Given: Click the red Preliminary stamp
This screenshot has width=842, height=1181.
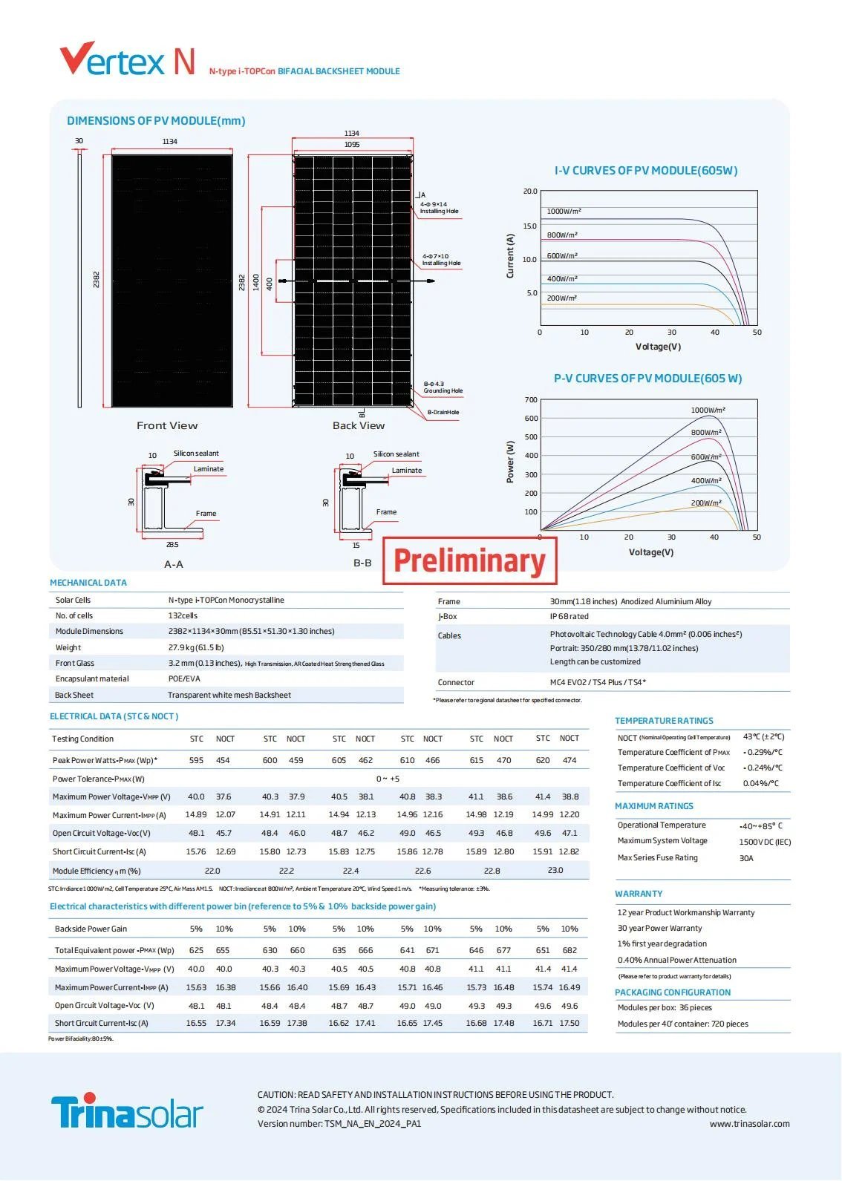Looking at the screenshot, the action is click(x=469, y=560).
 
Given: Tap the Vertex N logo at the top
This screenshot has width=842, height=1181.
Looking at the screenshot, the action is click(x=127, y=59).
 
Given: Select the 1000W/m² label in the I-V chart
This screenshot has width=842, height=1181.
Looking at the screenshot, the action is click(x=564, y=211).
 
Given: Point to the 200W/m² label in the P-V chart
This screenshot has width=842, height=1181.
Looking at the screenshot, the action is click(x=706, y=503).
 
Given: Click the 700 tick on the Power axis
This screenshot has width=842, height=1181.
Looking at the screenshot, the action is click(x=531, y=399).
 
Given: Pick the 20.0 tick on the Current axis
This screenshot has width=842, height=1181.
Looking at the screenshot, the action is click(x=530, y=191).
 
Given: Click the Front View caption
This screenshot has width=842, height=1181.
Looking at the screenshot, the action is click(x=167, y=425).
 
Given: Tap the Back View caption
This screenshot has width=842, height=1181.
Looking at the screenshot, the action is click(x=359, y=425).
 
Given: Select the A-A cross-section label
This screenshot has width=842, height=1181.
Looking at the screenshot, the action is click(x=174, y=564).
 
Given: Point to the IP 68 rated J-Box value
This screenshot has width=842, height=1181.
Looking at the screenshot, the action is click(x=569, y=616).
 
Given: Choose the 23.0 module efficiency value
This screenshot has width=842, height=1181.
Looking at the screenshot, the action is click(x=555, y=870).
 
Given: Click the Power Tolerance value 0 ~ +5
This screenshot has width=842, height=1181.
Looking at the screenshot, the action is click(x=388, y=779).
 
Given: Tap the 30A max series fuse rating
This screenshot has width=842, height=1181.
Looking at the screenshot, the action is click(x=746, y=858).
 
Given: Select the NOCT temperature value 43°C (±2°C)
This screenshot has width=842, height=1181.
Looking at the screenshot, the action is click(x=763, y=736).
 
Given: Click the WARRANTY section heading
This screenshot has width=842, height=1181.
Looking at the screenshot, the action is click(x=639, y=894).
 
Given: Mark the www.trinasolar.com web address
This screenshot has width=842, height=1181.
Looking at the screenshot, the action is click(x=749, y=1124).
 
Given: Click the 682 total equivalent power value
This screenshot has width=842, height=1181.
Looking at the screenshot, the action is click(x=570, y=950).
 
